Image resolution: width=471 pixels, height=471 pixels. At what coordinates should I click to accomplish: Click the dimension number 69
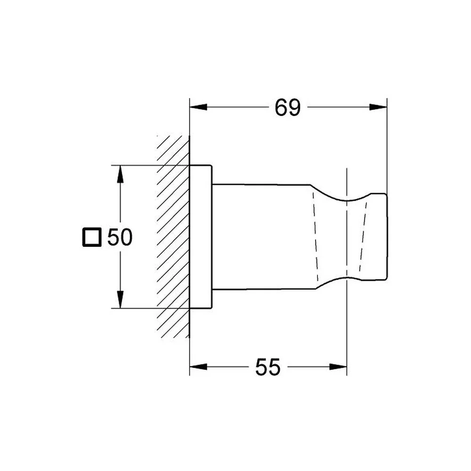click(287, 107)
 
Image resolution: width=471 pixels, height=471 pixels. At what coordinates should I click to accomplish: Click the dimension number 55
click(268, 367)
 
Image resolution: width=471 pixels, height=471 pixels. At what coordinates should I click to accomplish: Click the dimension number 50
click(120, 237)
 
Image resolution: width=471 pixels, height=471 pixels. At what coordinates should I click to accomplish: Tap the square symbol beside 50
click(92, 237)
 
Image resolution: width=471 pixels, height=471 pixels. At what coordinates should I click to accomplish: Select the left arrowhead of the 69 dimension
click(198, 107)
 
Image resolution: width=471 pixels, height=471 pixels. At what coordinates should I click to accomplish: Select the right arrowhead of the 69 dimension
click(378, 107)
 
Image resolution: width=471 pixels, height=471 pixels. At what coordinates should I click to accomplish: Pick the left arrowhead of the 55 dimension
click(198, 367)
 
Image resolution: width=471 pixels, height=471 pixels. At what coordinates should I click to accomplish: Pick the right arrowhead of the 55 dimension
click(338, 367)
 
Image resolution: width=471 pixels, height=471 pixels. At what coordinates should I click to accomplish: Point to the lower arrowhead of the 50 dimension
click(120, 300)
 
